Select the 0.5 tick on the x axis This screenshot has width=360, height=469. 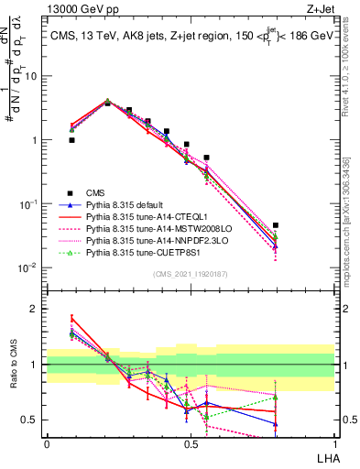tap(190, 444)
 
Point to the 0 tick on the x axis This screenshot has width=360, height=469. tap(46, 444)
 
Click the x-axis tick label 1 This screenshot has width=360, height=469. tap(334, 444)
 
